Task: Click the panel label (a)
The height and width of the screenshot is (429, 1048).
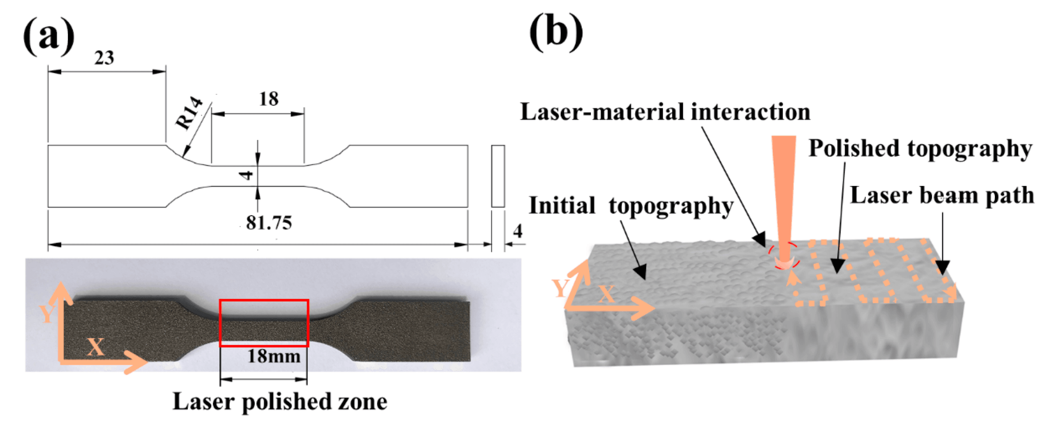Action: tap(49, 36)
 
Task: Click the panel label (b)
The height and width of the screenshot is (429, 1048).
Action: tap(556, 32)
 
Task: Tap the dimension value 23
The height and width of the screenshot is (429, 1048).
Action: tap(104, 58)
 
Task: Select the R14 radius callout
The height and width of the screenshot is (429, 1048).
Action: tap(189, 113)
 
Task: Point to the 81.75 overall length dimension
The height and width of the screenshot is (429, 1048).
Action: tap(269, 223)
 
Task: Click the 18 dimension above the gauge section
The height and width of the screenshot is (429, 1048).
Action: tap(269, 99)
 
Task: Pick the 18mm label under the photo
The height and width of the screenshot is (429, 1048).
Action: tap(273, 356)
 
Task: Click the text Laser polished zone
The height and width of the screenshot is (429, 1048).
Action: tap(280, 401)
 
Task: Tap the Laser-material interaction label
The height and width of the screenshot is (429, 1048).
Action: tap(665, 112)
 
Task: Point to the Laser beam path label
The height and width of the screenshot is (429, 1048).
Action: tap(942, 196)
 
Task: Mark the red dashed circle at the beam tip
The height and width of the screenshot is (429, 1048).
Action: tap(783, 256)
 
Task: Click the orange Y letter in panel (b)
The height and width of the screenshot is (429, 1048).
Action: tap(560, 288)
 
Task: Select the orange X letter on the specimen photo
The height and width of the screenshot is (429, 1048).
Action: tap(96, 347)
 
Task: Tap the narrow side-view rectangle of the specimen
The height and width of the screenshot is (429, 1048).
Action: tap(497, 176)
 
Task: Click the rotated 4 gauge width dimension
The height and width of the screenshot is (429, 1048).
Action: tap(246, 175)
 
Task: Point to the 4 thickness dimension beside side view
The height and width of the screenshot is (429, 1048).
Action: tap(517, 231)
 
